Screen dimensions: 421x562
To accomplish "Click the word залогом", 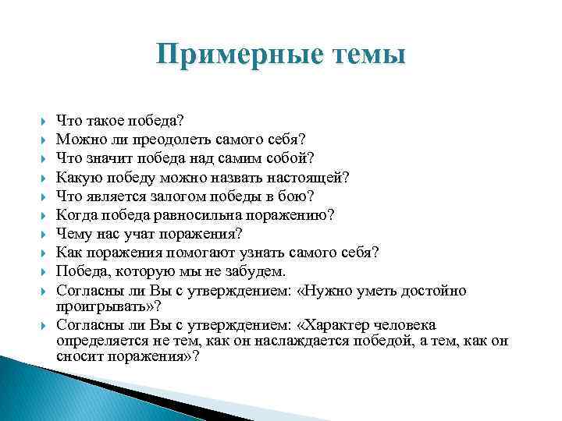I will (x=184, y=196).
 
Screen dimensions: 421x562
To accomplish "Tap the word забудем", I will (x=256, y=271).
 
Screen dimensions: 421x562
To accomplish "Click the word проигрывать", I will (x=103, y=306).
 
